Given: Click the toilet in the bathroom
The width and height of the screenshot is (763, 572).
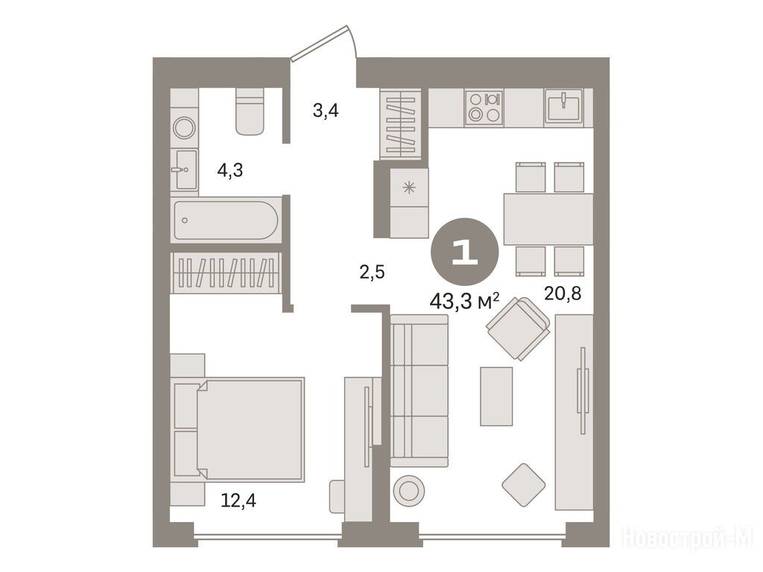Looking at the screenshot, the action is pyautogui.click(x=250, y=111).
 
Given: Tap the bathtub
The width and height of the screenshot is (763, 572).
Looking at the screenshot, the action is pyautogui.click(x=227, y=220).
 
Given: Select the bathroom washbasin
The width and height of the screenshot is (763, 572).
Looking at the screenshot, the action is pyautogui.click(x=185, y=169).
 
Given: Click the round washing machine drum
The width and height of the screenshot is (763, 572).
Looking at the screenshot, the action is pyautogui.click(x=185, y=128).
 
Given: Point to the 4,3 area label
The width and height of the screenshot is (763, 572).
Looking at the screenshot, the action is pyautogui.click(x=230, y=171).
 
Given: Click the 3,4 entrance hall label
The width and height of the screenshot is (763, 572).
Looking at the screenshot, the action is pyautogui.click(x=326, y=112).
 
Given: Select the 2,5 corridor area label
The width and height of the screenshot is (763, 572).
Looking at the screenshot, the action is pyautogui.click(x=372, y=273).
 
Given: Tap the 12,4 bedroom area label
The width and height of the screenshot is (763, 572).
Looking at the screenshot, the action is pyautogui.click(x=238, y=500).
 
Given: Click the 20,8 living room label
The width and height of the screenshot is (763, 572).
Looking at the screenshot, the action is pyautogui.click(x=563, y=293).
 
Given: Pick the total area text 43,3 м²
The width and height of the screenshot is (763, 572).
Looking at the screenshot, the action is pyautogui.click(x=464, y=302).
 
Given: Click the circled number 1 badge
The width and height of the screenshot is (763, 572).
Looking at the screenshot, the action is pyautogui.click(x=465, y=252).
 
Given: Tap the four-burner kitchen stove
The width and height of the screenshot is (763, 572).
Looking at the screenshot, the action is pyautogui.click(x=484, y=107).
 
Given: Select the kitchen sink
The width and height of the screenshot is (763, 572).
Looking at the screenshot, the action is pyautogui.click(x=563, y=106).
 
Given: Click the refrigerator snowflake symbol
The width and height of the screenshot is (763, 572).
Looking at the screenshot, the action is pyautogui.click(x=409, y=187).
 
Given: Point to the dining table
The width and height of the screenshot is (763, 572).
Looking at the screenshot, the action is pyautogui.click(x=548, y=219).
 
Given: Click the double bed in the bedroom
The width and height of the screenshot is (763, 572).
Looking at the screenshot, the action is pyautogui.click(x=238, y=430).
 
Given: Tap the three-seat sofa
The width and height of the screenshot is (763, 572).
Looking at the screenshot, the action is pyautogui.click(x=419, y=390).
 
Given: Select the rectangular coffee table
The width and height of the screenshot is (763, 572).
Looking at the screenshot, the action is pyautogui.click(x=496, y=396).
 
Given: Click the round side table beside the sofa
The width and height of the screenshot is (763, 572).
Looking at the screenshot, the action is pyautogui.click(x=409, y=490).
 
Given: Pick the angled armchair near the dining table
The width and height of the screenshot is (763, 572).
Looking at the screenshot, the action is pyautogui.click(x=519, y=328).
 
